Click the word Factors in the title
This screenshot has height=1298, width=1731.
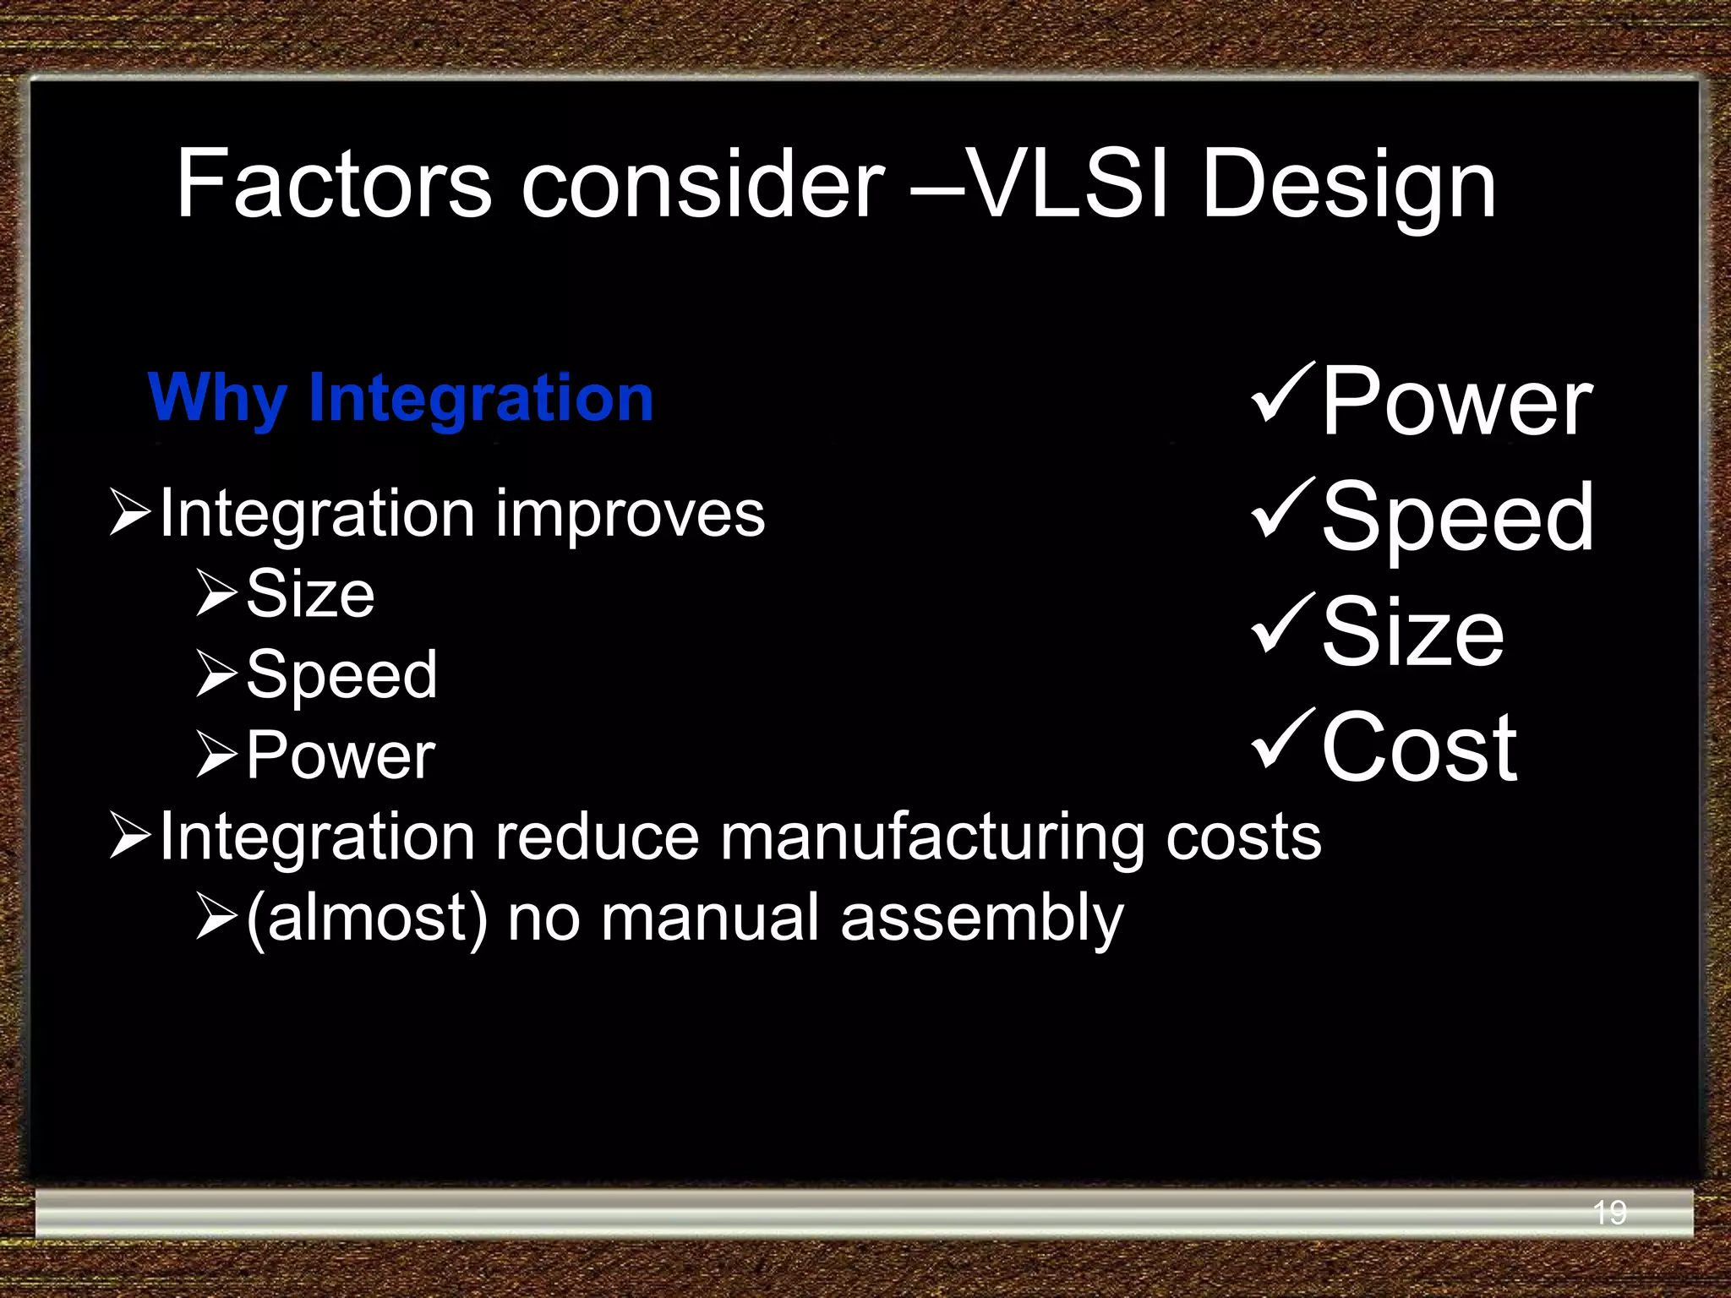tap(333, 184)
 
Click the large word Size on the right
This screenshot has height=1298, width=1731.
tap(1412, 632)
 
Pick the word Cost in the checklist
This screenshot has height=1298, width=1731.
tap(1418, 748)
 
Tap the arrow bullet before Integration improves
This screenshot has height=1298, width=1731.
tap(130, 512)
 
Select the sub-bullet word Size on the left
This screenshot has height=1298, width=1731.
tap(310, 594)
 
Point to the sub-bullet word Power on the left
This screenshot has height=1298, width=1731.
tap(341, 755)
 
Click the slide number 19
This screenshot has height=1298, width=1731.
tap(1608, 1213)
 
